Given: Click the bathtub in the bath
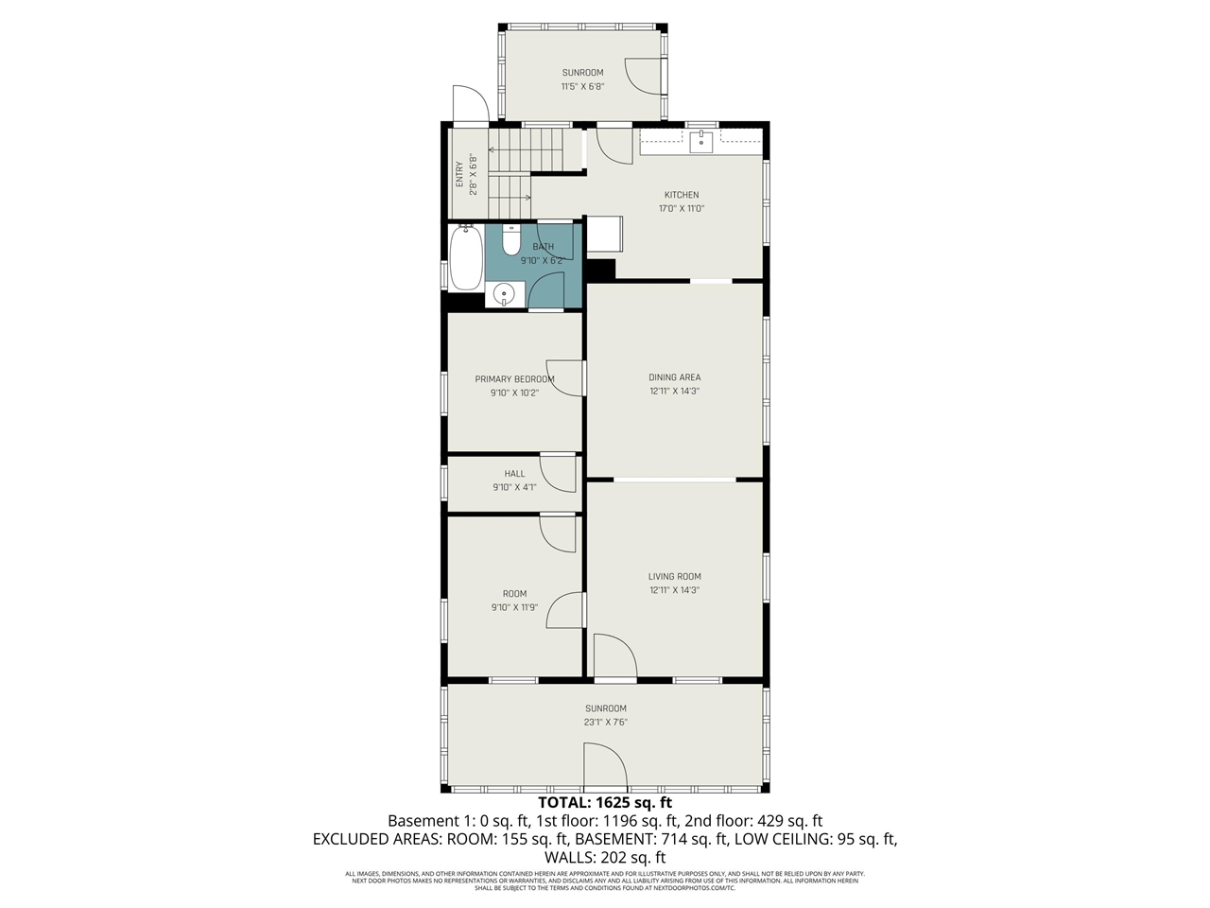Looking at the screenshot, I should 466,257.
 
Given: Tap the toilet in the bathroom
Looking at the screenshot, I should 511,241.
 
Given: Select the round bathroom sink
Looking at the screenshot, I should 505,295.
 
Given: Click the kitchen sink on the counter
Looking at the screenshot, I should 700,142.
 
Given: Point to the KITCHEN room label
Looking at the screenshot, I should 681,195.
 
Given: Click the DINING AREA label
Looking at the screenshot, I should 674,377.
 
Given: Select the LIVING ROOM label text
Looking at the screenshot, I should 674,576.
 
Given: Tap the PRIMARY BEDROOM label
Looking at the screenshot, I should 514,379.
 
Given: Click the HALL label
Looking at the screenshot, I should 514,474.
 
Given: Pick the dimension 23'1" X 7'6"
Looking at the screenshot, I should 605,723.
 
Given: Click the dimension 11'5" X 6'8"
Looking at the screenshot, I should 582,86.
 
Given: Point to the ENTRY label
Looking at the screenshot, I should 459,175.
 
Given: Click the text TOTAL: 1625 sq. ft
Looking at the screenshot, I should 605,803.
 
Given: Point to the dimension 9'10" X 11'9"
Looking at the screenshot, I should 514,607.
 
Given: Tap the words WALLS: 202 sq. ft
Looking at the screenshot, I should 605,857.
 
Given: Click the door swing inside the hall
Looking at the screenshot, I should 558,473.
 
